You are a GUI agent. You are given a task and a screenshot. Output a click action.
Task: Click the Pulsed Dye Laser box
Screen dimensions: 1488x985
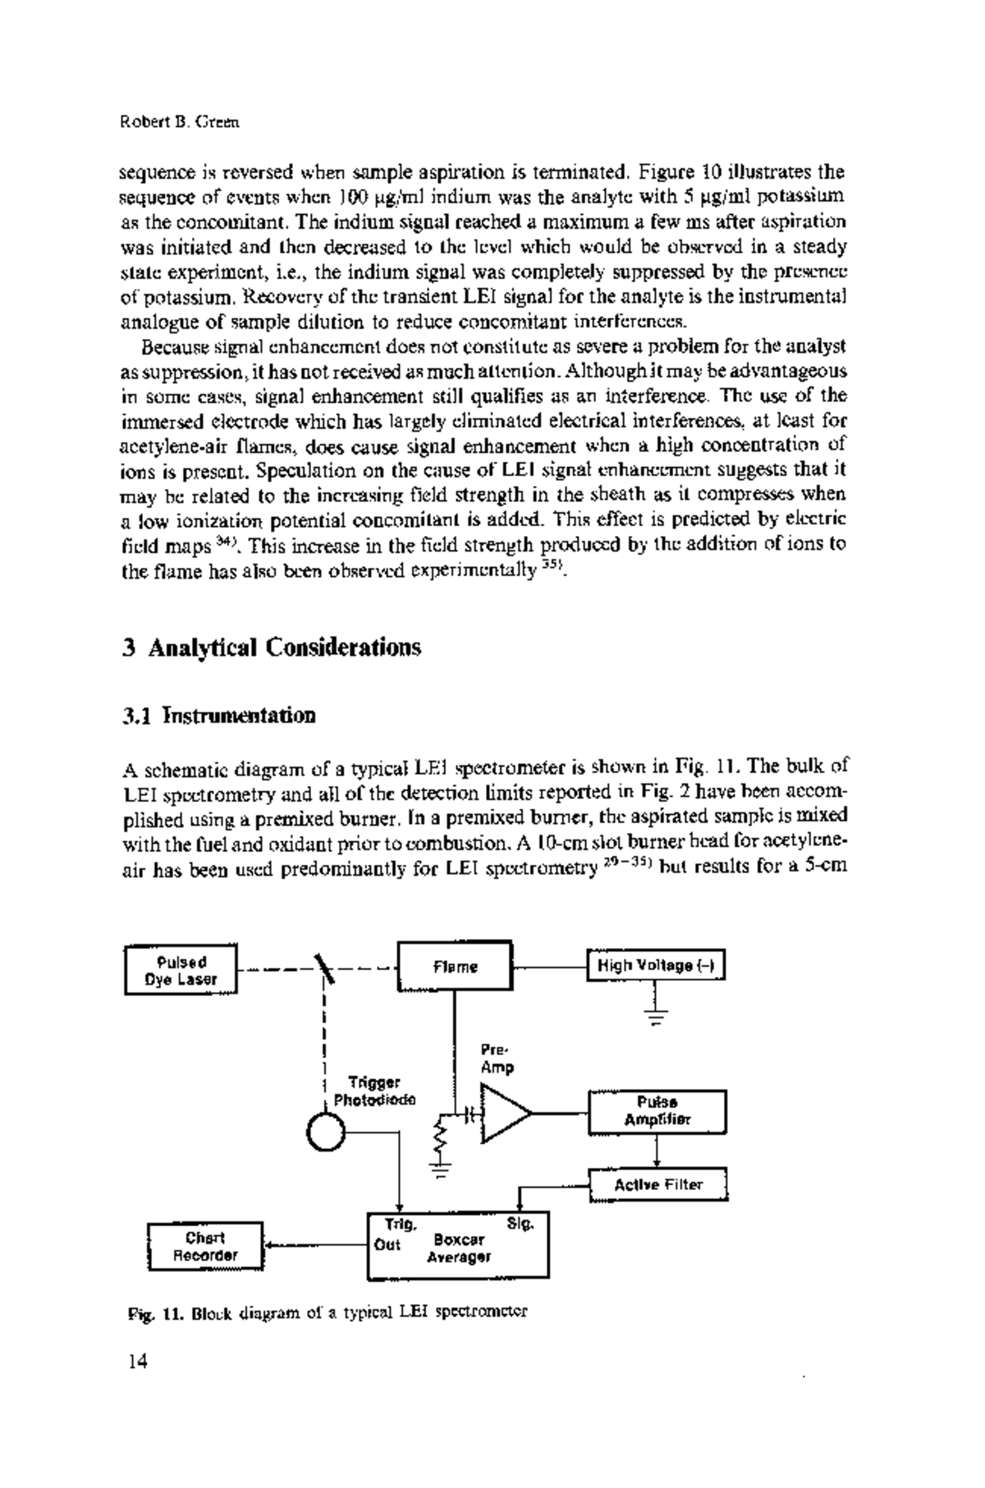coord(181,970)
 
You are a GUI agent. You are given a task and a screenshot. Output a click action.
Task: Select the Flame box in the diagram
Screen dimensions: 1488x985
coord(455,968)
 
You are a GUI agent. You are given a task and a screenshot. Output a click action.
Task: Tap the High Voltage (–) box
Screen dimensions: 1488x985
coord(656,966)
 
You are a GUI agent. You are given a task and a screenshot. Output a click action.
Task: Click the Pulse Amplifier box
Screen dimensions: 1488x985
coord(657,1111)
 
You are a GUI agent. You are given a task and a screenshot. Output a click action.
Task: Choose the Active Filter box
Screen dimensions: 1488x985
coord(658,1185)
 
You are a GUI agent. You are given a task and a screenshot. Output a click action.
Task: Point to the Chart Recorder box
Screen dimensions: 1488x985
coord(205,1246)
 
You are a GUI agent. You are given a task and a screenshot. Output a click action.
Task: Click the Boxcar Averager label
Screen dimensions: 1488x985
coord(459,1248)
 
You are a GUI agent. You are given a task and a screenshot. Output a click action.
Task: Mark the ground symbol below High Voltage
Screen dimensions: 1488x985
coord(657,1016)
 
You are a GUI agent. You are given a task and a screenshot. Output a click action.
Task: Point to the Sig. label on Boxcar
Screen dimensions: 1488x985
coord(520,1224)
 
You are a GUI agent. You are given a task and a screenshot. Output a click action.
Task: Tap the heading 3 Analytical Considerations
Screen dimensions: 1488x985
coord(271,648)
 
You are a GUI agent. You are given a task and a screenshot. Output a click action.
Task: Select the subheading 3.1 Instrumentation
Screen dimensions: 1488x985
coord(218,715)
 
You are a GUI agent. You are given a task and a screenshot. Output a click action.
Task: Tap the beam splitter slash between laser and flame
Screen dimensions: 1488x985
coord(326,968)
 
